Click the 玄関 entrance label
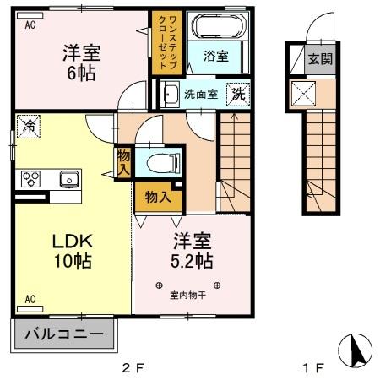click(x=319, y=59)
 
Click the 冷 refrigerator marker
click(x=29, y=128)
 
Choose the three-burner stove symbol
click(x=32, y=178)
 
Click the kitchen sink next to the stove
click(x=68, y=178)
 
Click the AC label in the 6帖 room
click(x=30, y=24)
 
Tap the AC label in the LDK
click(x=30, y=299)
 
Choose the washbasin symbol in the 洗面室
click(x=169, y=94)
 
